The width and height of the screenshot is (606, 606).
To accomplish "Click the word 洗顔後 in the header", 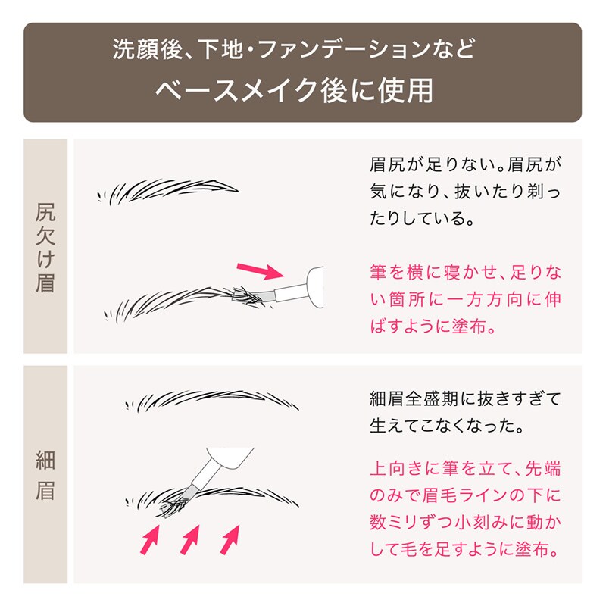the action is (x=147, y=49).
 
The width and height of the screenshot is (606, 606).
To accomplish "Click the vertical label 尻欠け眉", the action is (x=45, y=248).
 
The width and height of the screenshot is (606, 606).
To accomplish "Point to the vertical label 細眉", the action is (x=45, y=475).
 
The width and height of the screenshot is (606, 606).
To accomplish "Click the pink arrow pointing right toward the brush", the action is (x=260, y=270).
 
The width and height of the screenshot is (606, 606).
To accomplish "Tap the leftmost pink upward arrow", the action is (x=150, y=539).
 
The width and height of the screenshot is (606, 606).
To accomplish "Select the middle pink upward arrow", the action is (x=190, y=539).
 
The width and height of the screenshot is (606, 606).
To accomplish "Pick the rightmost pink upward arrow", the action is (x=230, y=539).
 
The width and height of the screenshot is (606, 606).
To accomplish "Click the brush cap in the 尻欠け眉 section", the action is (x=314, y=287).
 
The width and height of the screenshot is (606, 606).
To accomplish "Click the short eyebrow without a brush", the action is (x=168, y=192).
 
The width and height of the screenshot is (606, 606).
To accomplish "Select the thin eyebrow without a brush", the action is (x=212, y=401).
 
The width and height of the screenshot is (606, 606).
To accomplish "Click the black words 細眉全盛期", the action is (x=414, y=398).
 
